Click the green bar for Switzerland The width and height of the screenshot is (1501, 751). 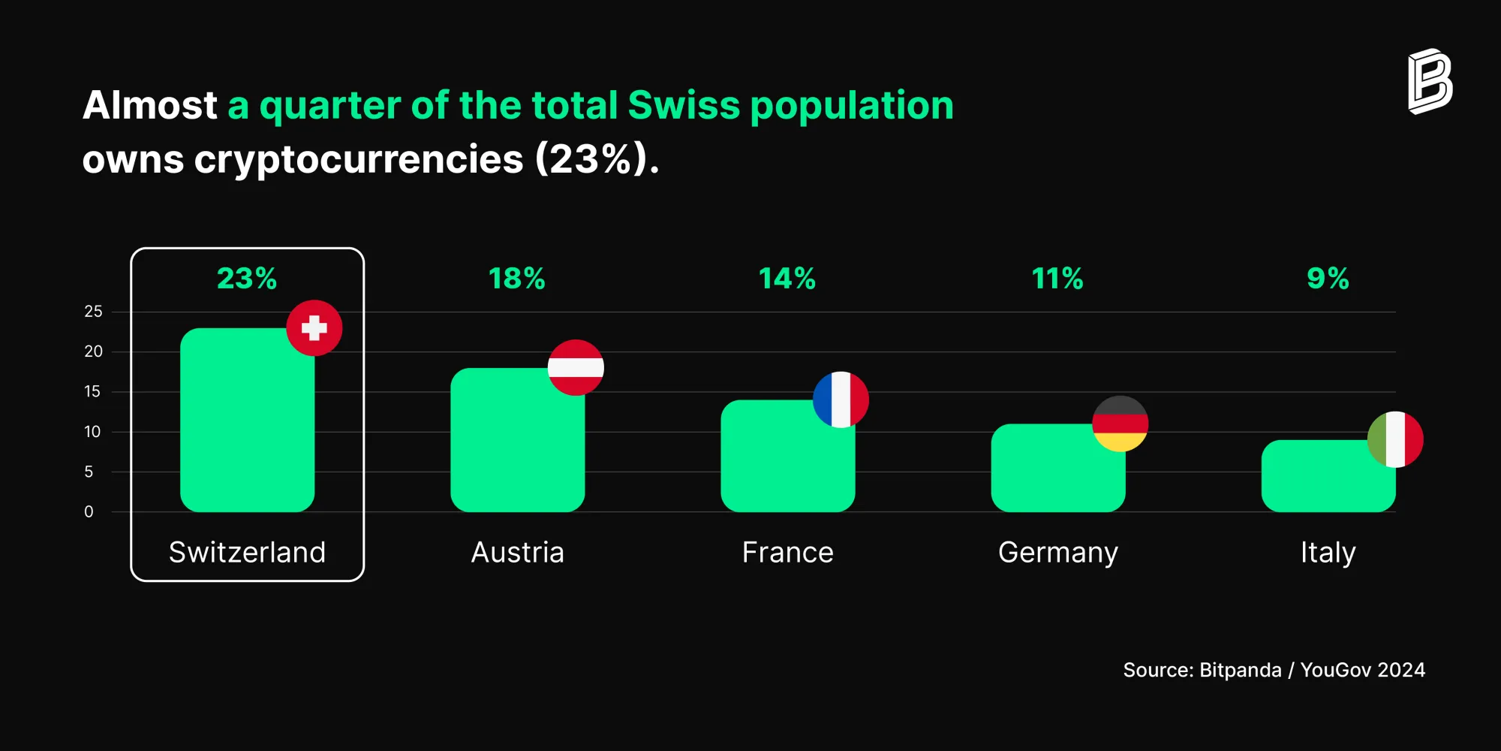(x=247, y=420)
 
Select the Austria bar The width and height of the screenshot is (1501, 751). (x=517, y=440)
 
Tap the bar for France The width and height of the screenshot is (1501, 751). (x=787, y=456)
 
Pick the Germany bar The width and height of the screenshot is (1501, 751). (x=1057, y=468)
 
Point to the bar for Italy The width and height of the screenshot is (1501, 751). (x=1328, y=476)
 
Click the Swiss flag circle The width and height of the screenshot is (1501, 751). (x=314, y=328)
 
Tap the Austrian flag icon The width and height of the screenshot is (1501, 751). (x=576, y=367)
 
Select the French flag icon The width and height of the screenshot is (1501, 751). (x=841, y=400)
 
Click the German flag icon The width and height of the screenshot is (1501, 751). (x=1120, y=424)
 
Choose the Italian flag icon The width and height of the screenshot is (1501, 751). (x=1395, y=439)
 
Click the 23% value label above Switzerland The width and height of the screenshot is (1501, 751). (x=247, y=279)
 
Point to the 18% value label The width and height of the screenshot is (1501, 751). (x=517, y=279)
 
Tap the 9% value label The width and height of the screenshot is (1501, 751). (x=1328, y=279)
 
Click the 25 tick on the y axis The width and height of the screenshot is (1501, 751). (x=93, y=312)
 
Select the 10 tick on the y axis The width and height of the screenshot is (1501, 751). (x=92, y=432)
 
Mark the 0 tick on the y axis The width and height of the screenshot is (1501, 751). (x=89, y=512)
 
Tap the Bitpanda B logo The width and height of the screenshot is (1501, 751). (x=1430, y=82)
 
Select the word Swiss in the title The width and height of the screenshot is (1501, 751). (x=684, y=105)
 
